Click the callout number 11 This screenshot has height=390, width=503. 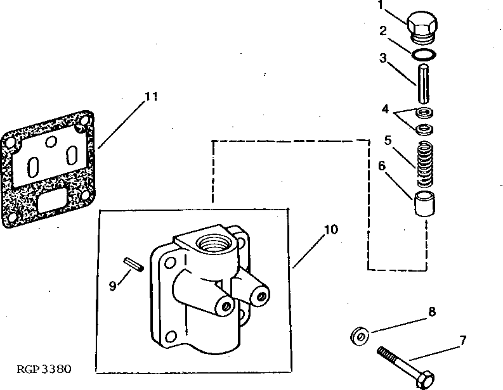click(x=150, y=97)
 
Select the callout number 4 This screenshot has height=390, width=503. click(x=384, y=109)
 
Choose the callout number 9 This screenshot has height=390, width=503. click(x=112, y=286)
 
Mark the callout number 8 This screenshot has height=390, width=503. click(x=431, y=311)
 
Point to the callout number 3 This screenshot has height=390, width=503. click(x=382, y=58)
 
